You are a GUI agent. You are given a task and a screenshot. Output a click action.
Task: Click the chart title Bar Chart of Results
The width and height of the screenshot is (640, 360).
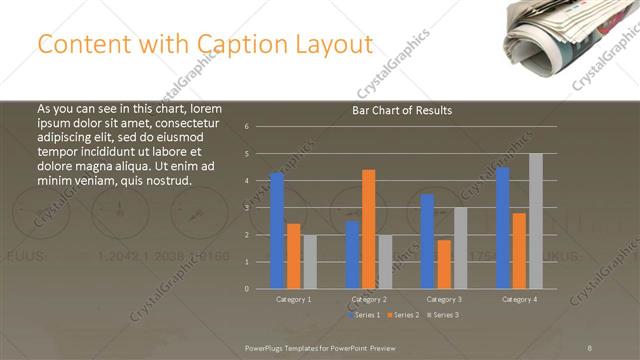tap(403, 110)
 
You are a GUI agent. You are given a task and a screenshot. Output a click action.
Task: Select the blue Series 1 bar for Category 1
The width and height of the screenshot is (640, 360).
tap(277, 230)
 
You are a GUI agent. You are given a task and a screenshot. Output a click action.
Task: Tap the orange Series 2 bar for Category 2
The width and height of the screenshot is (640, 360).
tap(369, 228)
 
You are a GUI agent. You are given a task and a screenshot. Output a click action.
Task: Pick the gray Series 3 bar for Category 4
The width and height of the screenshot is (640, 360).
tap(536, 220)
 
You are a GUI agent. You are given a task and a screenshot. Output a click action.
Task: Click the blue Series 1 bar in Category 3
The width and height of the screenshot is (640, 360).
tap(427, 241)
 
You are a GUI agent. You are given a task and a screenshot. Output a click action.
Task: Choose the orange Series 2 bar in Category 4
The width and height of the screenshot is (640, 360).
tap(519, 250)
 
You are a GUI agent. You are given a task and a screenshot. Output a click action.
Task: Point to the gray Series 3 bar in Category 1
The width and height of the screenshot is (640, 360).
tap(310, 261)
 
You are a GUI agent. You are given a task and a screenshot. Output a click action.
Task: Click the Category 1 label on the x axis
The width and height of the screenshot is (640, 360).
tap(293, 299)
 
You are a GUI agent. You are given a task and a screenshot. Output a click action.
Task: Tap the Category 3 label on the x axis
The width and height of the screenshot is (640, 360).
tap(443, 299)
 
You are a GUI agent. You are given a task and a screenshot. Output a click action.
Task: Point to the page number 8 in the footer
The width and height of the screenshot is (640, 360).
tap(590, 346)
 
